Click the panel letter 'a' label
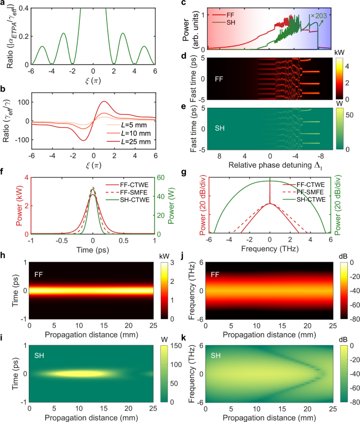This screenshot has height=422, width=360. pos(3,4)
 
